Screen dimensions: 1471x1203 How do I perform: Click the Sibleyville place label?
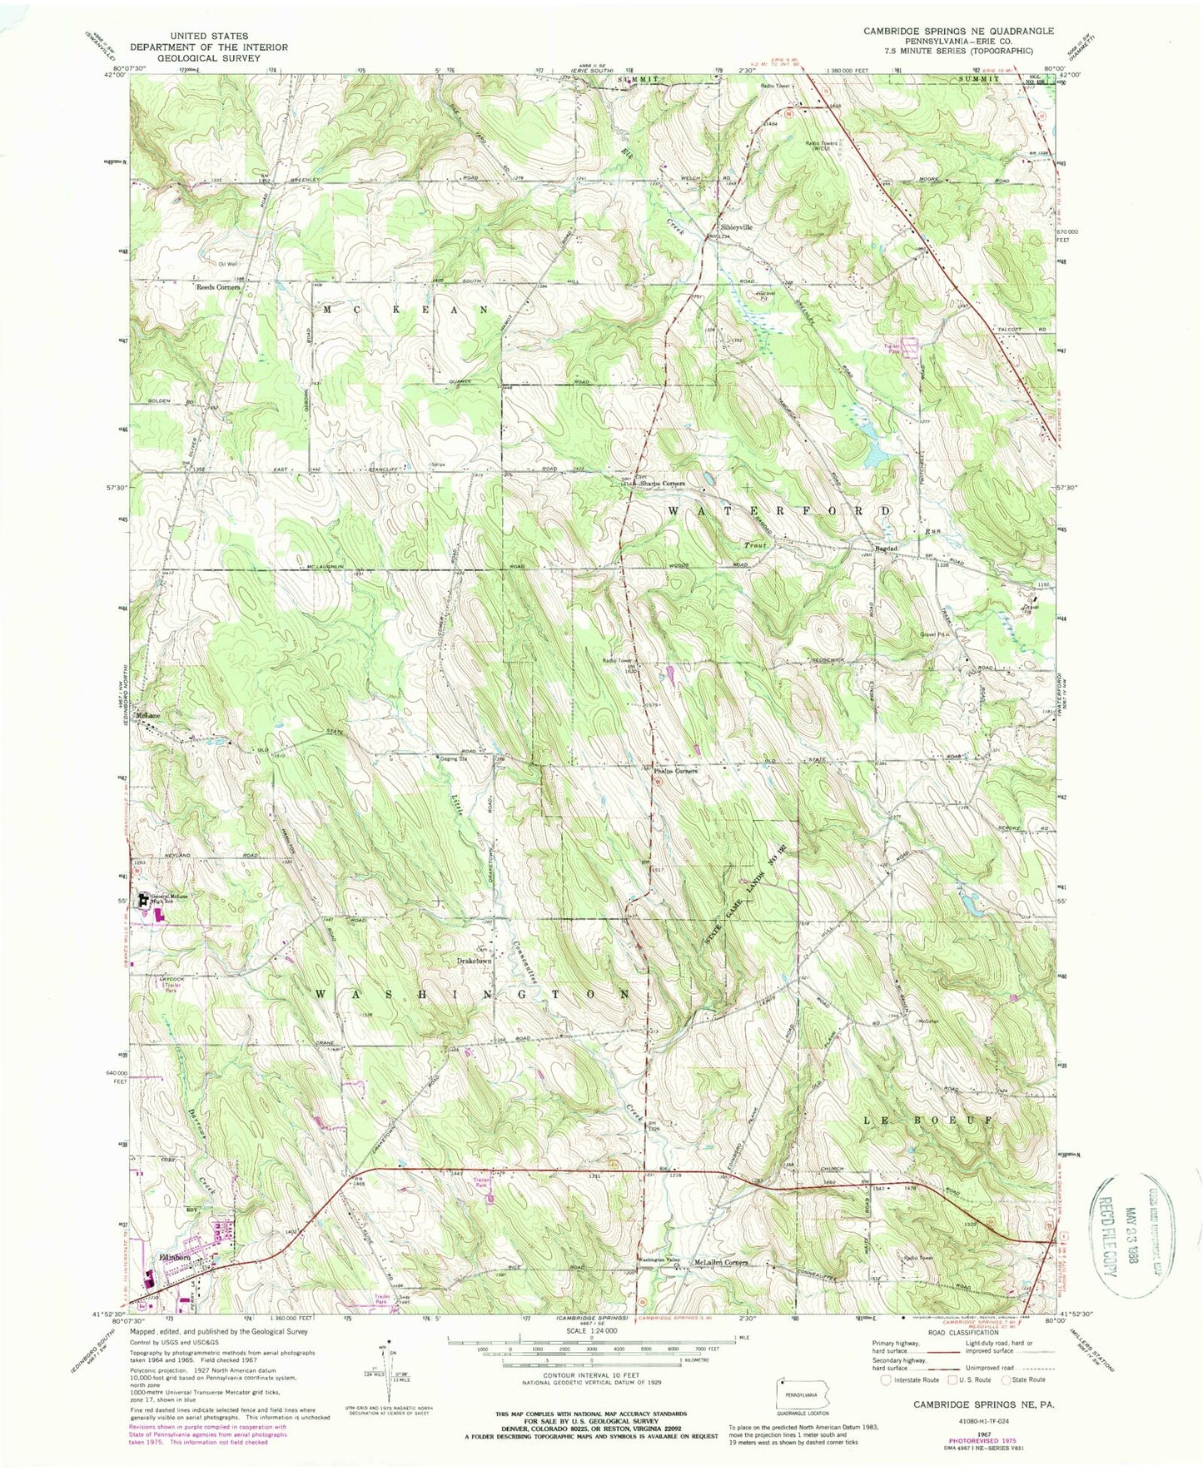coord(736,227)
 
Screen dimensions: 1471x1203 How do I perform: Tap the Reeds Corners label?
coord(217,287)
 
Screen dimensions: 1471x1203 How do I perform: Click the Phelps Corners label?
coord(674,771)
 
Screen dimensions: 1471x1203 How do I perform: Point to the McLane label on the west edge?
coord(148,716)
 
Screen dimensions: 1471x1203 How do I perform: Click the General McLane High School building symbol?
coord(142,900)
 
